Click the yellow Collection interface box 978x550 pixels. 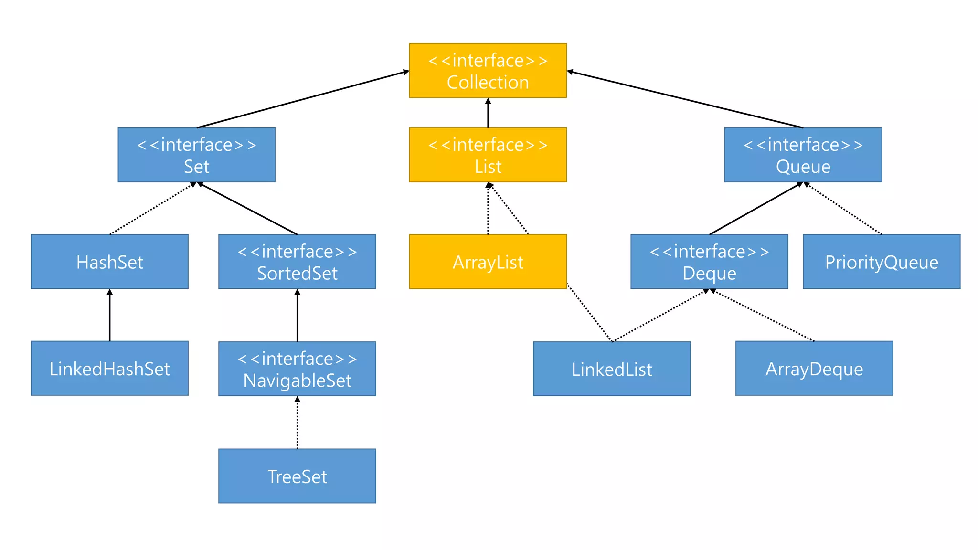(x=488, y=71)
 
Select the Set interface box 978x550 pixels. (x=196, y=155)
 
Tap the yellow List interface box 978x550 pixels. (x=488, y=155)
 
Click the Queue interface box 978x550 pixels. (x=803, y=155)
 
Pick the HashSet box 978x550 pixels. (x=109, y=262)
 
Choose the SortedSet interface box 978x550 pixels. (x=297, y=262)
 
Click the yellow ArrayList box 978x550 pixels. (x=488, y=262)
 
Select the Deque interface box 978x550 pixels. (x=709, y=262)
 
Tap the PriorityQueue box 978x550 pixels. (x=882, y=262)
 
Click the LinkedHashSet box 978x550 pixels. (x=109, y=368)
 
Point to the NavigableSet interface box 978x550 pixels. (x=297, y=369)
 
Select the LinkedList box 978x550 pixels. (x=612, y=369)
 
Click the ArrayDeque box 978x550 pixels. (x=814, y=368)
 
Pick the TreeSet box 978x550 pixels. (x=297, y=476)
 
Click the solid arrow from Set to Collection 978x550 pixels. (x=303, y=99)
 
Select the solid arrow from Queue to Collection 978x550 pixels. (x=685, y=99)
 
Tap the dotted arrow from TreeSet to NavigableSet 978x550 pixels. (x=297, y=423)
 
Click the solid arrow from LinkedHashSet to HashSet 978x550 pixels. (x=109, y=315)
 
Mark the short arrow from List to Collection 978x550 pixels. (x=488, y=113)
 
